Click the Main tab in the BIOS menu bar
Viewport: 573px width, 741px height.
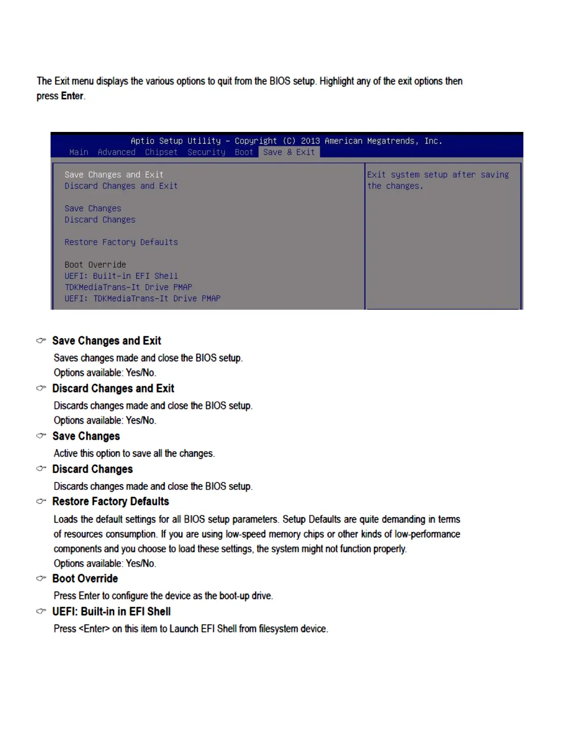[79, 152]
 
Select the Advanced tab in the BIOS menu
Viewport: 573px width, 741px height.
[117, 152]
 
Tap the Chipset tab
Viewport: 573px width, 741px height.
[161, 152]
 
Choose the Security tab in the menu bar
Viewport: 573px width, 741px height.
[206, 152]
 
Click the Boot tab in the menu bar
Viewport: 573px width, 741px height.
[244, 152]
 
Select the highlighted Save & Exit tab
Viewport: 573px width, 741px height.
[289, 152]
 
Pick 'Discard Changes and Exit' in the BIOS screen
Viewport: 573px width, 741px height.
[121, 186]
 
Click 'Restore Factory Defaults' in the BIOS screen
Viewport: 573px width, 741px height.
[121, 242]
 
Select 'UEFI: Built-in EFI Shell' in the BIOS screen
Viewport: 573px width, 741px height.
[121, 276]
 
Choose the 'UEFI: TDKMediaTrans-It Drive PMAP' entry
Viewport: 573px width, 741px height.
[142, 298]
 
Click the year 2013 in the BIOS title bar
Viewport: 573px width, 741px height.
[310, 141]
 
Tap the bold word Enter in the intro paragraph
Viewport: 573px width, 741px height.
[72, 96]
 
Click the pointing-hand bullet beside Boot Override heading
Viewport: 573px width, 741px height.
[41, 579]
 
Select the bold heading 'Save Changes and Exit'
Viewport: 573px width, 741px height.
[107, 341]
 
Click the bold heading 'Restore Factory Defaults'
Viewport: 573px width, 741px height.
[110, 501]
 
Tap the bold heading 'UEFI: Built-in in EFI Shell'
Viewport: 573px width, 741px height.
[111, 611]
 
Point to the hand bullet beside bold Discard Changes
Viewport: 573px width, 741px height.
[41, 469]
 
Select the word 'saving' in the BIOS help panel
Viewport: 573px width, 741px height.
[494, 174]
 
